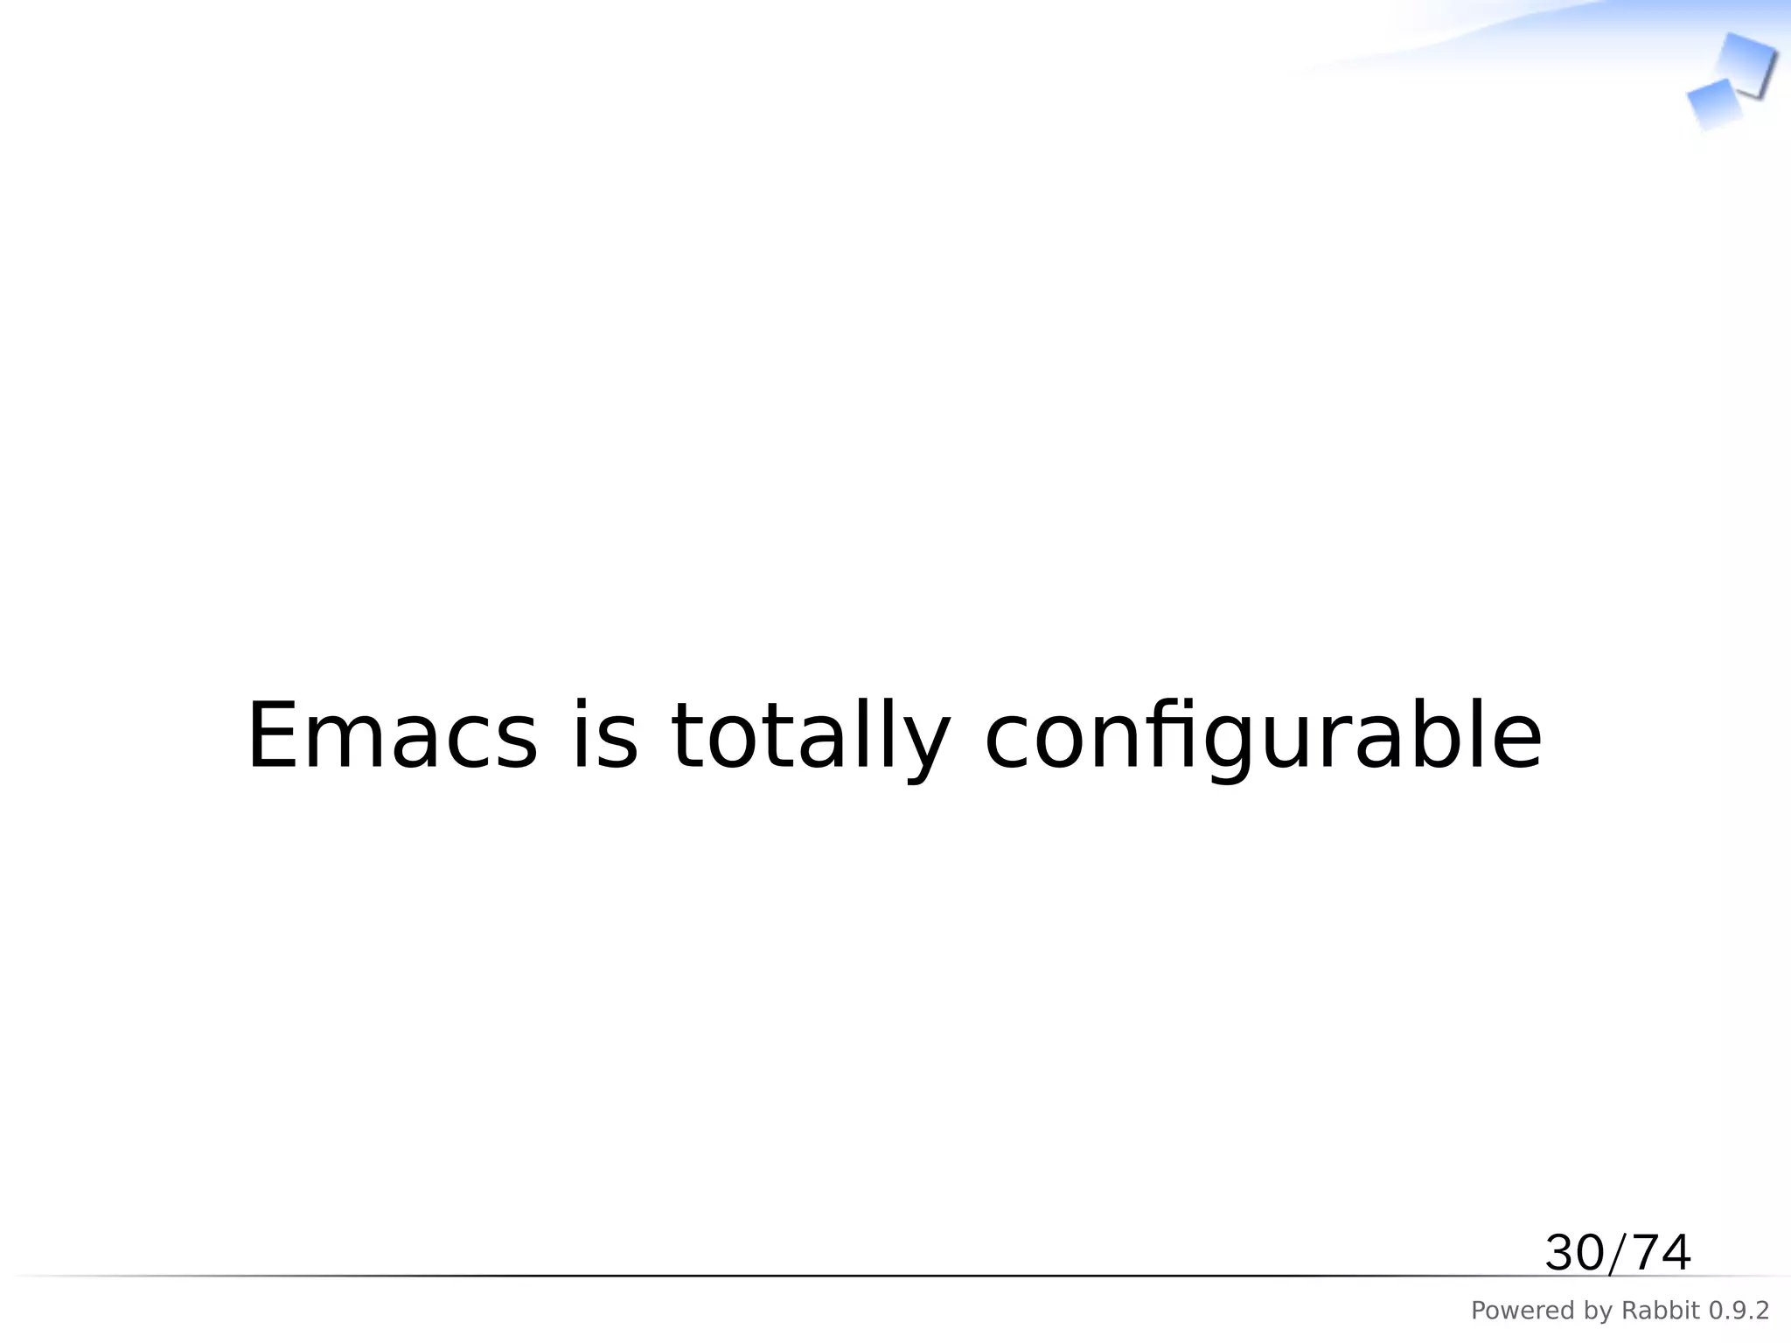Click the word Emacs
coord(392,736)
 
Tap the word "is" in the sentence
coord(604,736)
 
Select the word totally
coord(810,736)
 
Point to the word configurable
coord(1263,736)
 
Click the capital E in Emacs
coord(273,736)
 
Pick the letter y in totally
coord(925,748)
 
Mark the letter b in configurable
coord(1444,736)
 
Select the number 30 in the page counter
coord(1575,1253)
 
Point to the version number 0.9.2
coord(1739,1311)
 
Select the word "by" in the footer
coord(1595,1312)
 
